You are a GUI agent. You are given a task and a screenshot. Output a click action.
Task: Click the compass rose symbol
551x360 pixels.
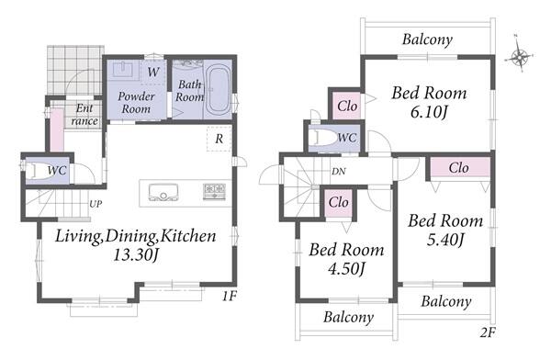click(x=520, y=56)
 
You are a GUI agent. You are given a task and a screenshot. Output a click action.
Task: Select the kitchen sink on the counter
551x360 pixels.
click(x=163, y=192)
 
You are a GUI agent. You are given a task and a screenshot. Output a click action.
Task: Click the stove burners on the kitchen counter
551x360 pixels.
click(x=214, y=192)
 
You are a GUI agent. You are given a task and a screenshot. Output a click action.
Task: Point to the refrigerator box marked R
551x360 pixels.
click(x=219, y=139)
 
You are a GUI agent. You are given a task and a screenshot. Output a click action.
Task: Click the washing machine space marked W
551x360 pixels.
click(x=152, y=72)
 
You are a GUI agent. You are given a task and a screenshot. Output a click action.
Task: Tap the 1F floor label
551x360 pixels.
click(x=230, y=297)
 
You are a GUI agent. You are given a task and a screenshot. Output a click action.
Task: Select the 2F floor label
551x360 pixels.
click(x=488, y=332)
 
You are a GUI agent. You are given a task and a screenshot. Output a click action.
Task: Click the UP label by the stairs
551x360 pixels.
click(x=96, y=204)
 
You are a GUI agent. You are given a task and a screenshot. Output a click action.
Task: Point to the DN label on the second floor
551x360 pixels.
click(x=338, y=172)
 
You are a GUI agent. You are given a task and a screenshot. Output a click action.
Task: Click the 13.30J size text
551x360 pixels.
click(x=136, y=254)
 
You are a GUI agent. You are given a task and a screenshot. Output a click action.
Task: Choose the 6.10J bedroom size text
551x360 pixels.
click(x=429, y=112)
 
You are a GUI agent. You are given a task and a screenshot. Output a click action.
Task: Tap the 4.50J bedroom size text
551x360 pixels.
click(x=346, y=269)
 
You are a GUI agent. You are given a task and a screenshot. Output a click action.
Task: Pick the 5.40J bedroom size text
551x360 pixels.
click(x=446, y=240)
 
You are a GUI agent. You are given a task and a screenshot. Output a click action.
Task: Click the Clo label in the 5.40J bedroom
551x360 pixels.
click(x=458, y=168)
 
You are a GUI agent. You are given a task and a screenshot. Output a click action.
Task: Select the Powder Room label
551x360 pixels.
click(x=136, y=102)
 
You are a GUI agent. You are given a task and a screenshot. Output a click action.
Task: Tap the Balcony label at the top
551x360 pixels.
click(x=427, y=39)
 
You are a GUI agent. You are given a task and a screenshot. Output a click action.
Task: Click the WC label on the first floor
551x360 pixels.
click(x=57, y=171)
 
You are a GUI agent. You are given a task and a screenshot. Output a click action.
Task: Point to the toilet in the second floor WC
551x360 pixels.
click(x=325, y=138)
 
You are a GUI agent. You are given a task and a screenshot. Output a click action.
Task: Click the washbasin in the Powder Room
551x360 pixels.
click(x=123, y=69)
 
